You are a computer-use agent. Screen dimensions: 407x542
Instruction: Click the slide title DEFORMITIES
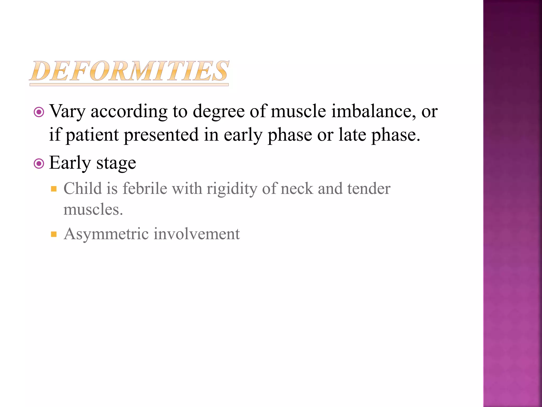click(x=129, y=71)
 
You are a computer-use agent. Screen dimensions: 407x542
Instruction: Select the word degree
click(x=219, y=111)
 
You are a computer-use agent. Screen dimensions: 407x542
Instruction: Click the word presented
click(x=161, y=135)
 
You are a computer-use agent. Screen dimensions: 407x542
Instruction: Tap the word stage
click(x=116, y=163)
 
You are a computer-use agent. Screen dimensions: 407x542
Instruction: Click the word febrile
click(x=145, y=188)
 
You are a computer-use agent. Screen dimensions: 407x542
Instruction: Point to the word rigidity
click(x=232, y=189)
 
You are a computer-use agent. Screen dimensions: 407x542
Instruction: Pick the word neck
click(x=297, y=188)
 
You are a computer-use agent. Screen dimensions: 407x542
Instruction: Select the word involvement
click(x=197, y=234)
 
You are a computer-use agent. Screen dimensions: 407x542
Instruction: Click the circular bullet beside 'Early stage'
click(x=39, y=164)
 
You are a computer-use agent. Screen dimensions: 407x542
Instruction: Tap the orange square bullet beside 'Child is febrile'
click(x=54, y=189)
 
